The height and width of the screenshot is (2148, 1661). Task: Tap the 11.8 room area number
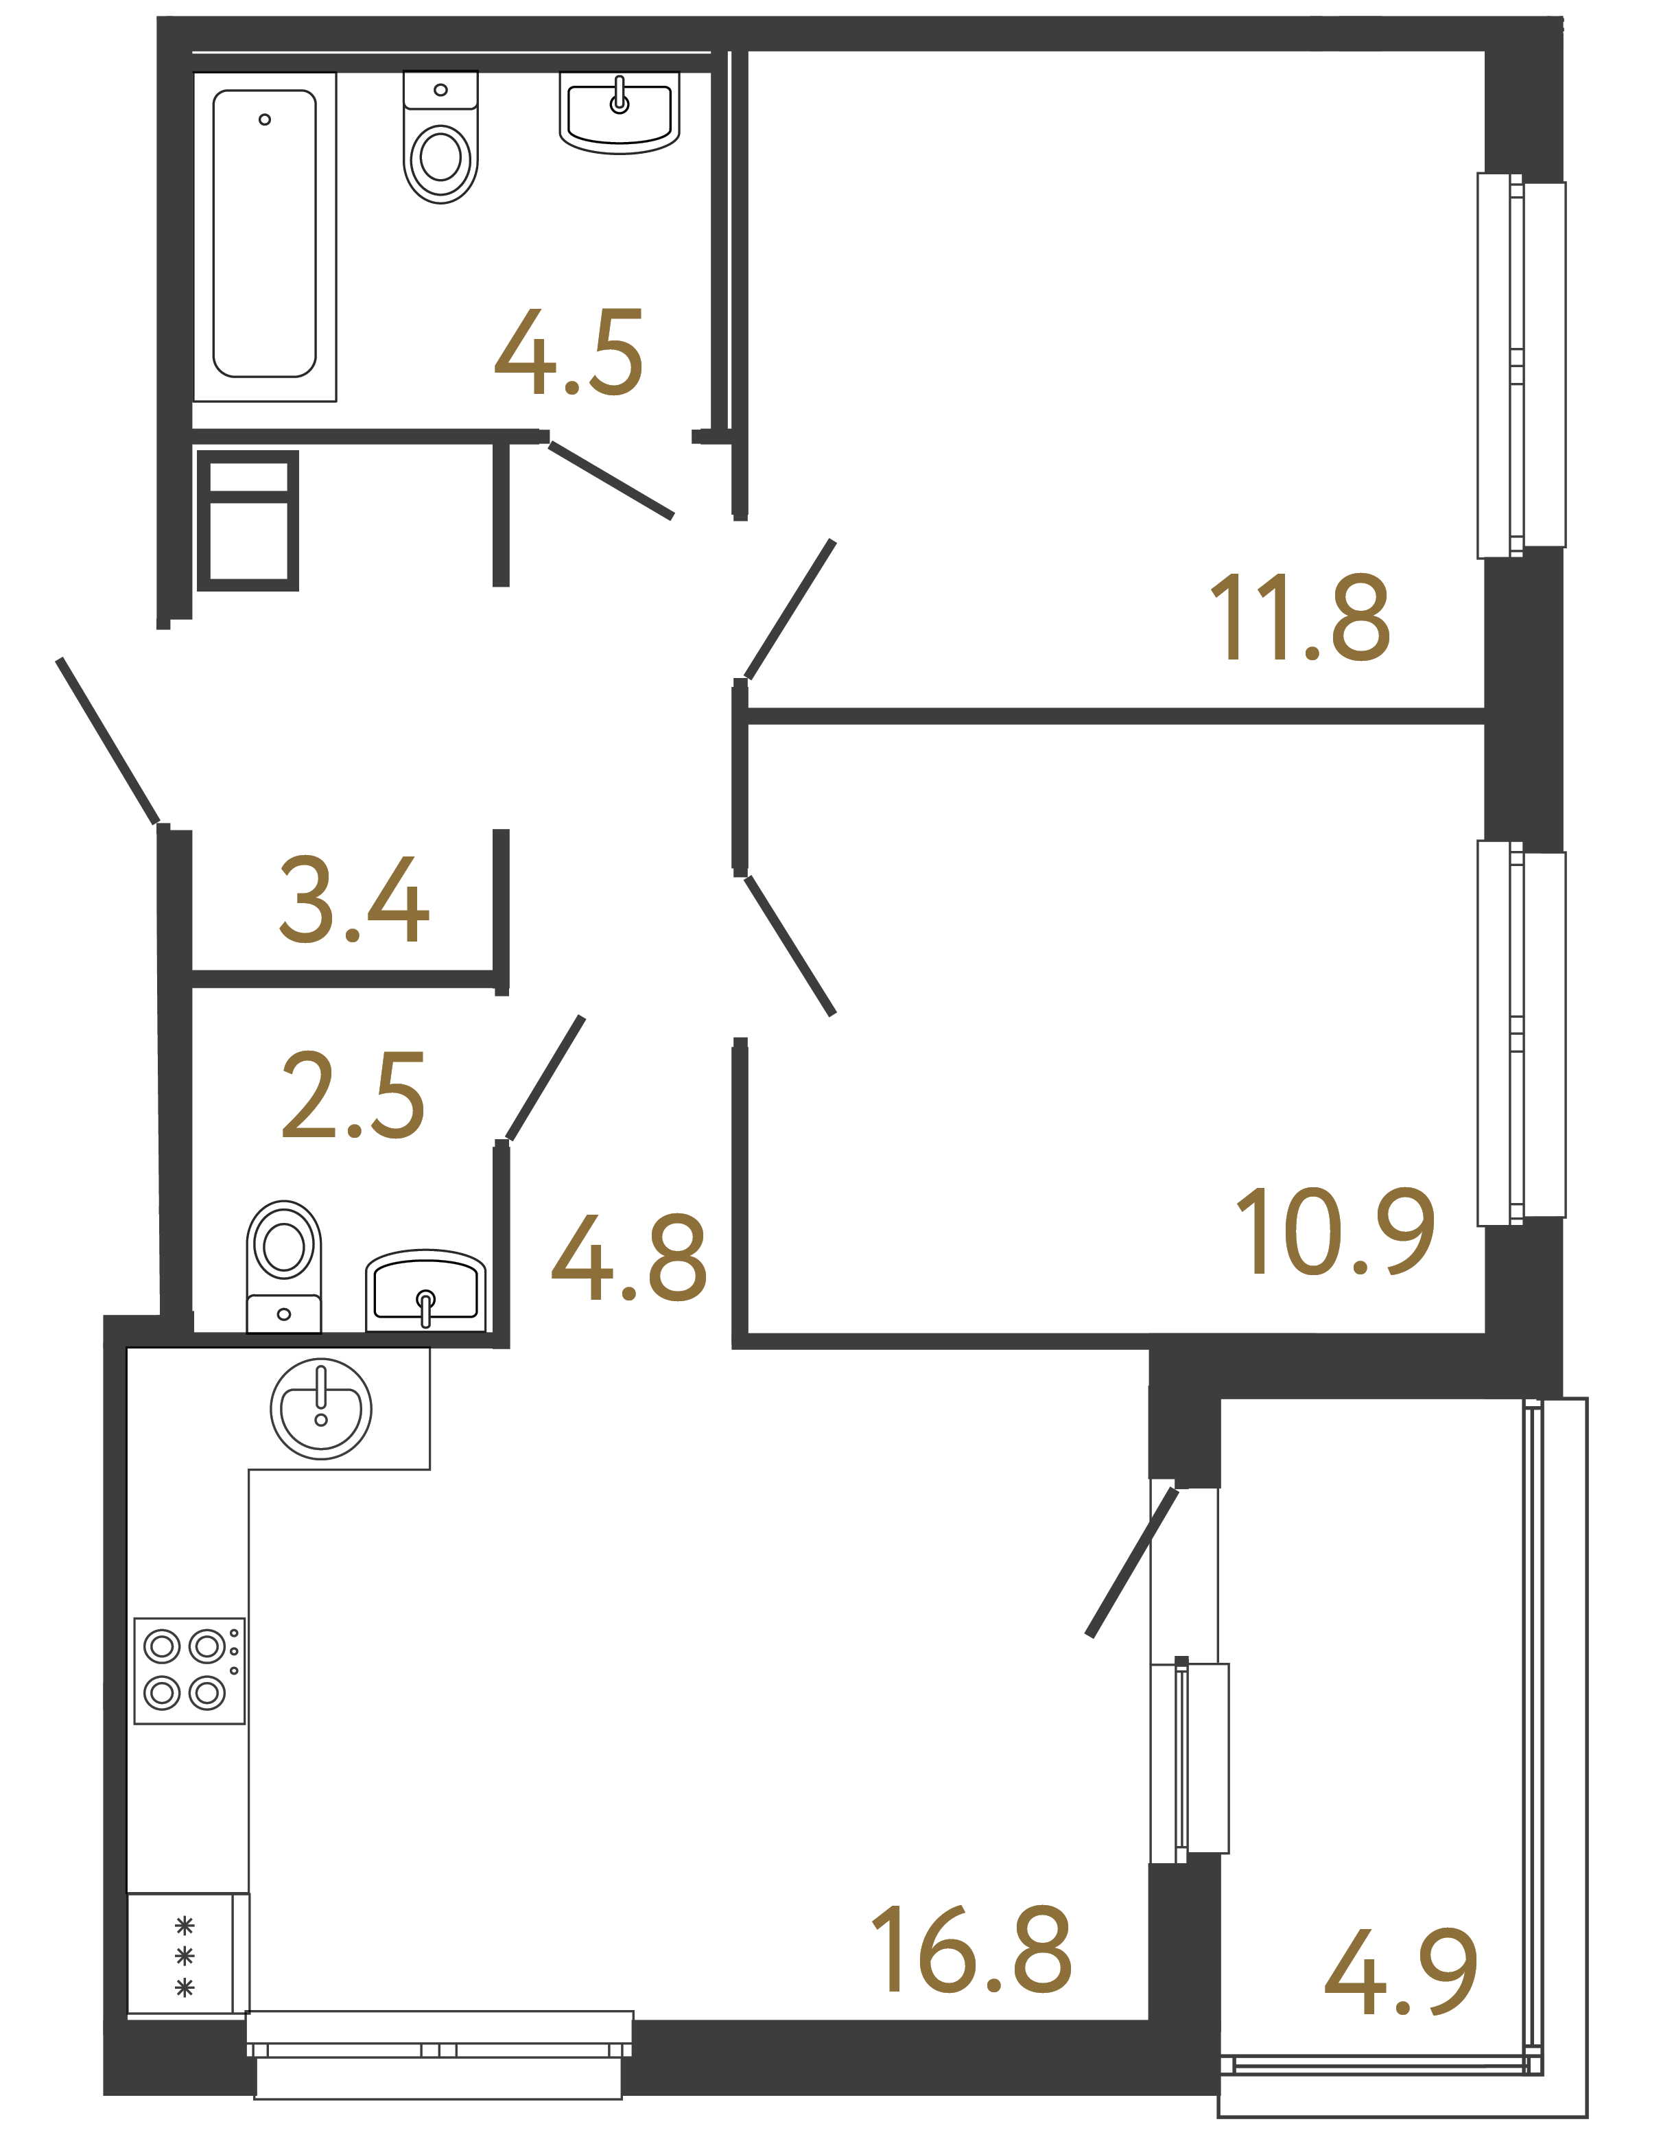pos(1299,617)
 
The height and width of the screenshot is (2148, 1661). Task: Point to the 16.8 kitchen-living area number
pos(971,1950)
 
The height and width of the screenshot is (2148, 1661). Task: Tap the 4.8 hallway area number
pos(628,1258)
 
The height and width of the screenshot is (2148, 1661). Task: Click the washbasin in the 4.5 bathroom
pos(620,113)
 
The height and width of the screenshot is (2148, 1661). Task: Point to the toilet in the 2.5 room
pos(283,1265)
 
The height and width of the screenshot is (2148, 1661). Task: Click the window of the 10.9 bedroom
pos(1520,1033)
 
